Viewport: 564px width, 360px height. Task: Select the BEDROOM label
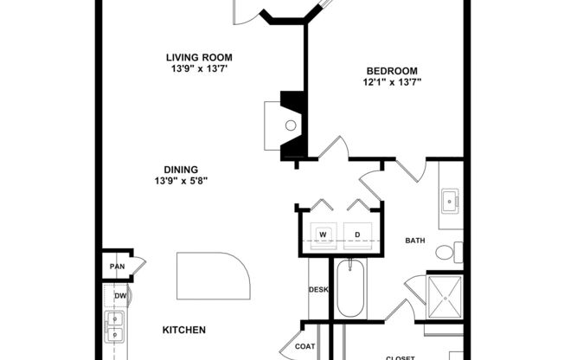(x=392, y=71)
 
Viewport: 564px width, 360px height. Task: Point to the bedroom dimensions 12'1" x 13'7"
(x=392, y=83)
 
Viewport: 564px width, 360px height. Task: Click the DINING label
(x=182, y=169)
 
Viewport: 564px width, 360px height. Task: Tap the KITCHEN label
(x=183, y=330)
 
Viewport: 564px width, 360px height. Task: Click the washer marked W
(x=322, y=235)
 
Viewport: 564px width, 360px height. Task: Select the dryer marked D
(x=356, y=235)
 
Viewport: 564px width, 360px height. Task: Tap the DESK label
(x=317, y=289)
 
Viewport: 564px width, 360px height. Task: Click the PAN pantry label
(x=114, y=267)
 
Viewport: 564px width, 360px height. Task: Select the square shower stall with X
(x=446, y=297)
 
